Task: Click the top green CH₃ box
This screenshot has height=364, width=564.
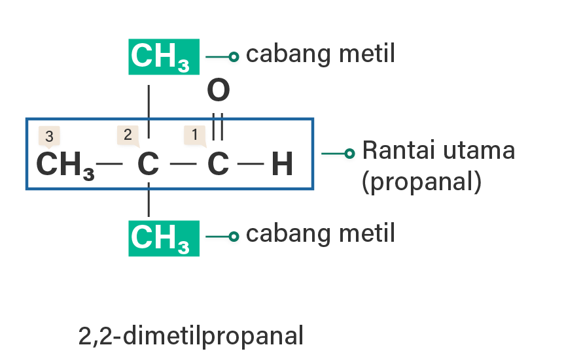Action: (163, 57)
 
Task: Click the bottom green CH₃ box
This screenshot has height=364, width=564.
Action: (163, 238)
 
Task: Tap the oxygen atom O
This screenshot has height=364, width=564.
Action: (218, 91)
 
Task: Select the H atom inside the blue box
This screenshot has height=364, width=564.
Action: (281, 165)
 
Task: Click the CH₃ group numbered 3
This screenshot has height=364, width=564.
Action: (64, 165)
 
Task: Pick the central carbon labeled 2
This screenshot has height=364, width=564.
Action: (149, 165)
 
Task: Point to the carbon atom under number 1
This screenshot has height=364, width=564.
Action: (218, 165)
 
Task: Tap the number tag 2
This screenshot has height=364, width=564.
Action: (128, 135)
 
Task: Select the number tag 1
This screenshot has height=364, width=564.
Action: (194, 135)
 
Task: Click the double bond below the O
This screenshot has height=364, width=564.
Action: (218, 125)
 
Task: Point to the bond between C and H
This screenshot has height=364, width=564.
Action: (250, 162)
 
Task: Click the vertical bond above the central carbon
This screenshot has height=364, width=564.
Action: (149, 110)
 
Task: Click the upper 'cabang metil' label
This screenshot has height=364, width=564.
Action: (320, 54)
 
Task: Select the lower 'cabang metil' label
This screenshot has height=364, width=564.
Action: (320, 233)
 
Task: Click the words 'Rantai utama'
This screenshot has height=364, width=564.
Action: (438, 151)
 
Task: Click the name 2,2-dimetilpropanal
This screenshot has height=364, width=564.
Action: (191, 336)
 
